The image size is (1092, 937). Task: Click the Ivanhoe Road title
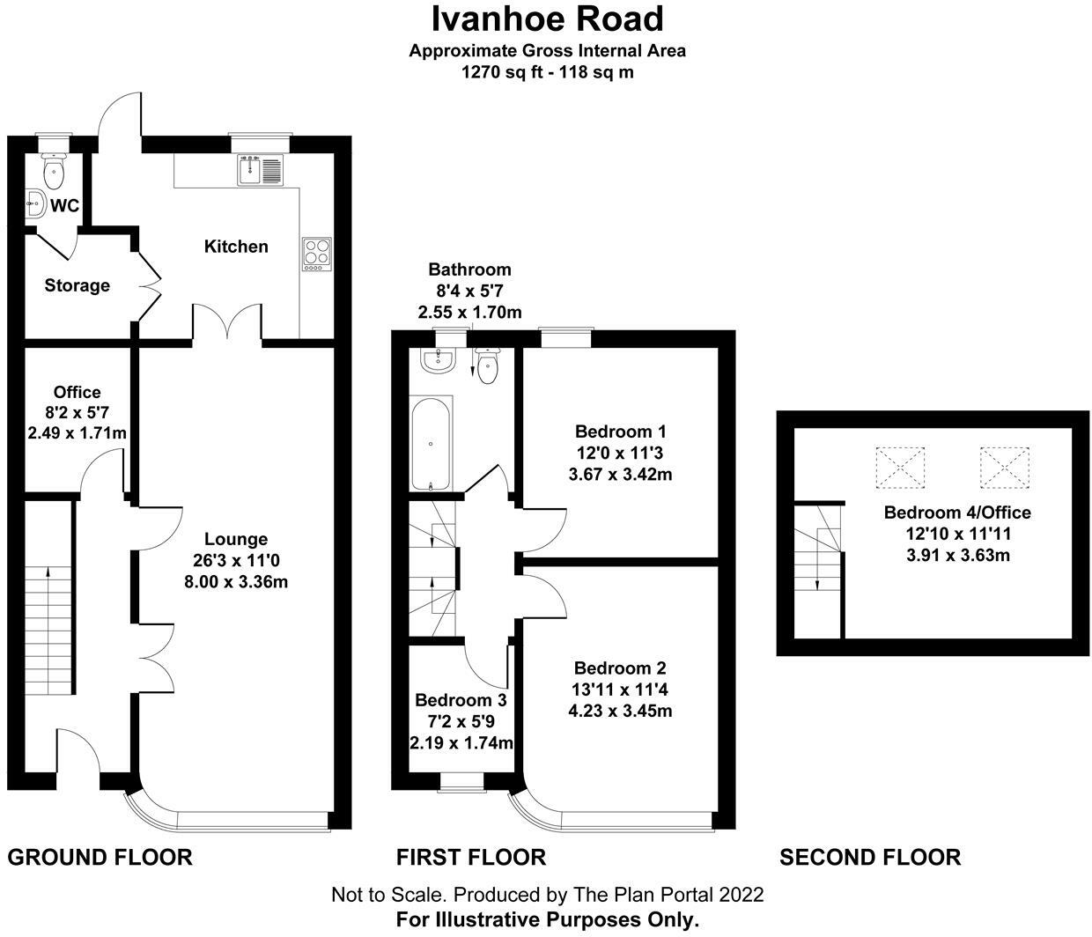point(547,18)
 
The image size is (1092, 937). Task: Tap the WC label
point(65,206)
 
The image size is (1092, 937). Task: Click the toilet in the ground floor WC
point(55,171)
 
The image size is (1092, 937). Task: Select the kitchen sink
point(261,169)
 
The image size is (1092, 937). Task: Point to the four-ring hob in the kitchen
point(317,253)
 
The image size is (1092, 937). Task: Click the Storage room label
point(77,285)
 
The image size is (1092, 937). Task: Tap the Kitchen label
point(236,247)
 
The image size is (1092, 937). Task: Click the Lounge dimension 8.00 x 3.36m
point(236,581)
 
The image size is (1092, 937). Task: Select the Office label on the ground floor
point(77,392)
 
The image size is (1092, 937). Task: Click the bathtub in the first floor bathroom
point(432,443)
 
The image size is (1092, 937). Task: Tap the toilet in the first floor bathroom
point(487,365)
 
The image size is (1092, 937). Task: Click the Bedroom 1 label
point(621,432)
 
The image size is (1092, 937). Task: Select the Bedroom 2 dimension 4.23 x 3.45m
point(620,710)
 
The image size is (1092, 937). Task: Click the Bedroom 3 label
point(461,700)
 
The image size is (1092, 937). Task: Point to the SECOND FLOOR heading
point(870,857)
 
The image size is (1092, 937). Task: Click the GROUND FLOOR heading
point(100,857)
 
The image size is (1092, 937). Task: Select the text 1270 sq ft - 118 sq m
point(547,72)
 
